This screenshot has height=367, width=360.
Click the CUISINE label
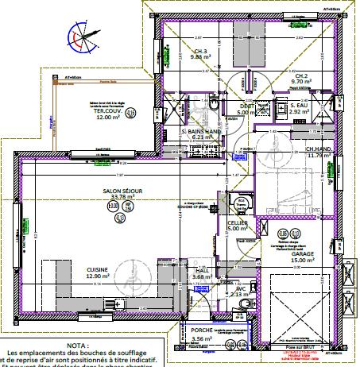(98, 270)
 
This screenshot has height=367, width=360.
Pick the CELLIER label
(235, 223)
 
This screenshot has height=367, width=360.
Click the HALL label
(202, 270)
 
